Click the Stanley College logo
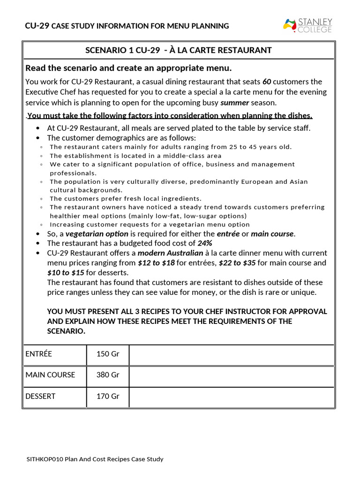point(307,25)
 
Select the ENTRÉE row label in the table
point(39,354)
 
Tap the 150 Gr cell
point(108,354)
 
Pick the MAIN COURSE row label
point(50,375)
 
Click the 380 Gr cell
point(108,375)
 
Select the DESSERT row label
point(40,396)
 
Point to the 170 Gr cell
point(108,396)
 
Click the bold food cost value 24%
point(205,243)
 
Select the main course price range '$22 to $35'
point(237,263)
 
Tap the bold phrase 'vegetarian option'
point(97,233)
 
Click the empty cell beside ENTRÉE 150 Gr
point(231,355)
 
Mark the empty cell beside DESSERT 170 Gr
point(231,397)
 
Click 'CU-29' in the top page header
point(37,26)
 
